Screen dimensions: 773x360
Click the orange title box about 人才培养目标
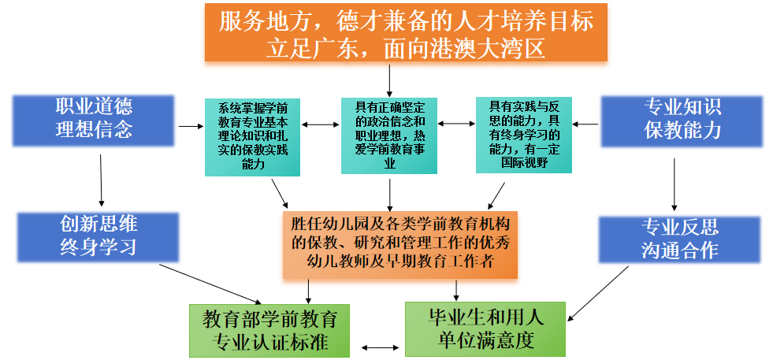click(406, 32)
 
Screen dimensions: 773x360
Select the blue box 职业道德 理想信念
click(94, 121)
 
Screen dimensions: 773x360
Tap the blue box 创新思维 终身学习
click(98, 237)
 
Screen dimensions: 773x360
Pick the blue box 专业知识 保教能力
click(682, 121)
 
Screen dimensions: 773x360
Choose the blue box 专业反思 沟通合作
click(680, 240)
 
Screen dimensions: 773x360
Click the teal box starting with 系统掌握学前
click(252, 137)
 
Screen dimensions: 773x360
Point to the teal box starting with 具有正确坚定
click(389, 135)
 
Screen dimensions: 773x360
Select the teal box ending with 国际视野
click(523, 135)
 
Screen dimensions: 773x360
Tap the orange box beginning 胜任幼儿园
click(400, 245)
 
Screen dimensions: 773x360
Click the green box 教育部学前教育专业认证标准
click(269, 330)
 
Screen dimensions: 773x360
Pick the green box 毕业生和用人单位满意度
click(485, 329)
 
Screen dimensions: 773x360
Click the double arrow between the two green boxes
click(380, 347)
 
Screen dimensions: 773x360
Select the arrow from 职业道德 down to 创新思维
click(101, 180)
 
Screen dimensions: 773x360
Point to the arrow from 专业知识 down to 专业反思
click(675, 184)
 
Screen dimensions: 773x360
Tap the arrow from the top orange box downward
click(389, 80)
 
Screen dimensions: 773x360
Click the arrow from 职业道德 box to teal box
click(191, 127)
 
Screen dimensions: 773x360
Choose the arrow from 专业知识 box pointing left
click(585, 124)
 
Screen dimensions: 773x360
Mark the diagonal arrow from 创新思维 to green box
click(210, 284)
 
